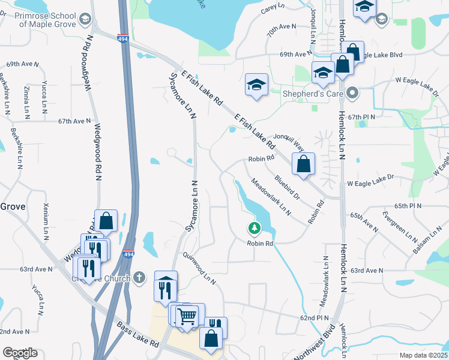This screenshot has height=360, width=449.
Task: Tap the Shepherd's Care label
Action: (316, 93)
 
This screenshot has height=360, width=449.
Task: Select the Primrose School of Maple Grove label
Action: (47, 20)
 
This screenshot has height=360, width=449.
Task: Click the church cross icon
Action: (140, 277)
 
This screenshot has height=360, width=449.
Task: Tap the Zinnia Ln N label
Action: (26, 100)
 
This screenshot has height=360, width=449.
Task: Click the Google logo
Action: (20, 352)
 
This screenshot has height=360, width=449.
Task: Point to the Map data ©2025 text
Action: (423, 355)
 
